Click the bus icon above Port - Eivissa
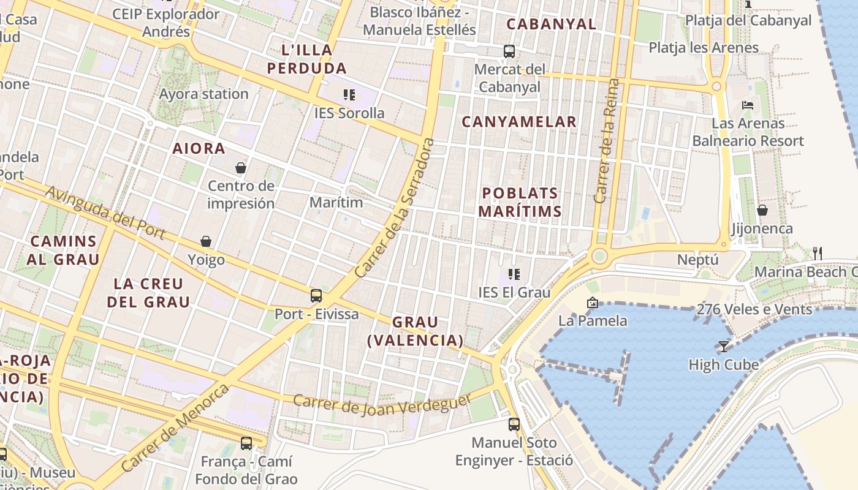(316, 296)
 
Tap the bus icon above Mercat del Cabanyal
(509, 51)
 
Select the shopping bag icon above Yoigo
(206, 242)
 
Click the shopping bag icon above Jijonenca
(762, 210)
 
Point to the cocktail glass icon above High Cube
(724, 347)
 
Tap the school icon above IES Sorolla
(349, 95)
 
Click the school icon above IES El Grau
(514, 274)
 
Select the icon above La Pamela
(592, 303)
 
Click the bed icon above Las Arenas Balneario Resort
(748, 105)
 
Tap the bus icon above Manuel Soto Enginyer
(514, 424)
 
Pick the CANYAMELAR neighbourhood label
(519, 122)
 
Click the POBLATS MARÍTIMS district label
(520, 202)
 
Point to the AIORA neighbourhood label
(199, 148)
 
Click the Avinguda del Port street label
(105, 213)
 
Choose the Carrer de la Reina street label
(607, 141)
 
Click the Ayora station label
(203, 94)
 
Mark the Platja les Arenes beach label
(704, 48)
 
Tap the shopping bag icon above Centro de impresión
(241, 167)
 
